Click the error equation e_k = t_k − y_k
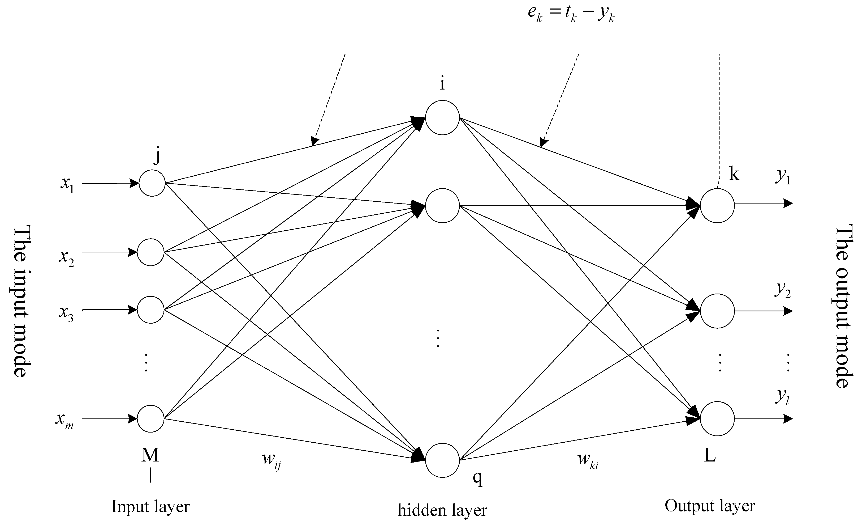(571, 14)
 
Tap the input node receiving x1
(152, 183)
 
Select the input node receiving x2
(150, 252)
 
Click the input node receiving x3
(150, 310)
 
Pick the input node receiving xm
(150, 418)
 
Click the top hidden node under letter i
(442, 117)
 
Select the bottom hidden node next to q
(442, 460)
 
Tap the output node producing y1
(717, 206)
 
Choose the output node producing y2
(717, 311)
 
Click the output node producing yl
(717, 418)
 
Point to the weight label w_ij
(271, 461)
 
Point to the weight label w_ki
(588, 461)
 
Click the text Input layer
(150, 506)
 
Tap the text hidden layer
(442, 510)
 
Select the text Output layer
(710, 506)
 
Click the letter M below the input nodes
(150, 455)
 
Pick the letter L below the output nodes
(710, 455)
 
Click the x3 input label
(66, 313)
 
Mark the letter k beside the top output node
(734, 174)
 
